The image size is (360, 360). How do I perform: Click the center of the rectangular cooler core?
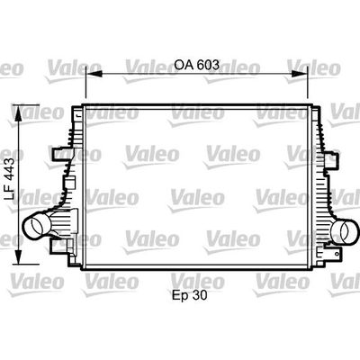coord(193,189)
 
